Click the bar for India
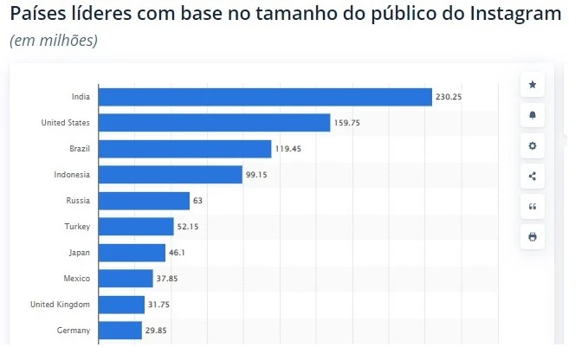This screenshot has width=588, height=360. click(265, 97)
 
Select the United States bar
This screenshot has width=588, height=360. click(215, 123)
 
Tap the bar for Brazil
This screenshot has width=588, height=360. click(185, 149)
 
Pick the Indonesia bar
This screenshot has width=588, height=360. click(171, 175)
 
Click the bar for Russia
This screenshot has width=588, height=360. click(144, 201)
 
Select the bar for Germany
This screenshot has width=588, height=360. click(120, 330)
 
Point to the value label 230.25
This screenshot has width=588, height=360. click(449, 97)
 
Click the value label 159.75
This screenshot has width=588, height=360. click(346, 123)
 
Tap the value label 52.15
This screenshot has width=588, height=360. click(191, 227)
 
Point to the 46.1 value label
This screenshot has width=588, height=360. click(178, 253)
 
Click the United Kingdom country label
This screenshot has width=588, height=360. click(60, 304)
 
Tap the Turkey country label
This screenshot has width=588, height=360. click(79, 227)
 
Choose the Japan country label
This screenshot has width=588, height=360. click(80, 253)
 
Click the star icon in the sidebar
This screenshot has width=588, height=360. click(533, 85)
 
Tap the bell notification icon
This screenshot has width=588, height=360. click(533, 115)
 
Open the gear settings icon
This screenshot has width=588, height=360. click(533, 145)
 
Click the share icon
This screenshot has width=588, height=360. click(533, 176)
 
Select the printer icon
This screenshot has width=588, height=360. click(533, 236)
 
